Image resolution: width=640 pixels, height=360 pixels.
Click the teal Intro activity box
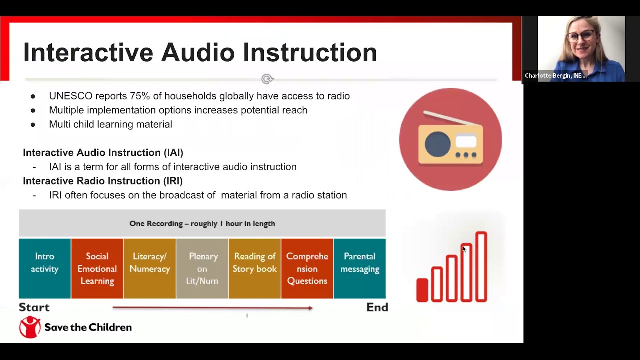45,268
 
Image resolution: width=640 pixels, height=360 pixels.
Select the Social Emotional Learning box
97,268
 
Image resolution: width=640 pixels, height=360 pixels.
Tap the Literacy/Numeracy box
150,268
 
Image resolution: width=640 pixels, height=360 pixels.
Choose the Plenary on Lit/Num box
202,268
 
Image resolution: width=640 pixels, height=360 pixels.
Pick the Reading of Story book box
255,268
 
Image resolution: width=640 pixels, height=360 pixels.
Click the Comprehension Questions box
307,268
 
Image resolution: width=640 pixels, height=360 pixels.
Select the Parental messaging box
360,268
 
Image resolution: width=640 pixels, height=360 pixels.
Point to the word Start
34,307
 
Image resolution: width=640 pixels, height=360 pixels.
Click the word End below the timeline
377,307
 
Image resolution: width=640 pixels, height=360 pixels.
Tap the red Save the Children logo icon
30,327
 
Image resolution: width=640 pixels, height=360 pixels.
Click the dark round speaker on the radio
438,144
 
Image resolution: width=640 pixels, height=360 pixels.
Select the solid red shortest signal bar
422,290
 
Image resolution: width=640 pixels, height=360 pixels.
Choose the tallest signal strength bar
481,267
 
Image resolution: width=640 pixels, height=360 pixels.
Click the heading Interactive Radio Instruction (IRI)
103,181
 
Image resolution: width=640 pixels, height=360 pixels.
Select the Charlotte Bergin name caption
555,76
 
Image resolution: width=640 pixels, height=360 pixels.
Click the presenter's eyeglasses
581,36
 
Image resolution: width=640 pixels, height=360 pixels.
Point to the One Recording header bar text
202,223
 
